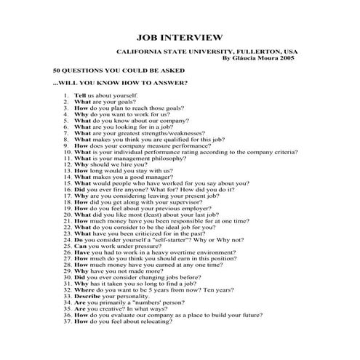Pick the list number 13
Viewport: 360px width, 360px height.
[x=66, y=171]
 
